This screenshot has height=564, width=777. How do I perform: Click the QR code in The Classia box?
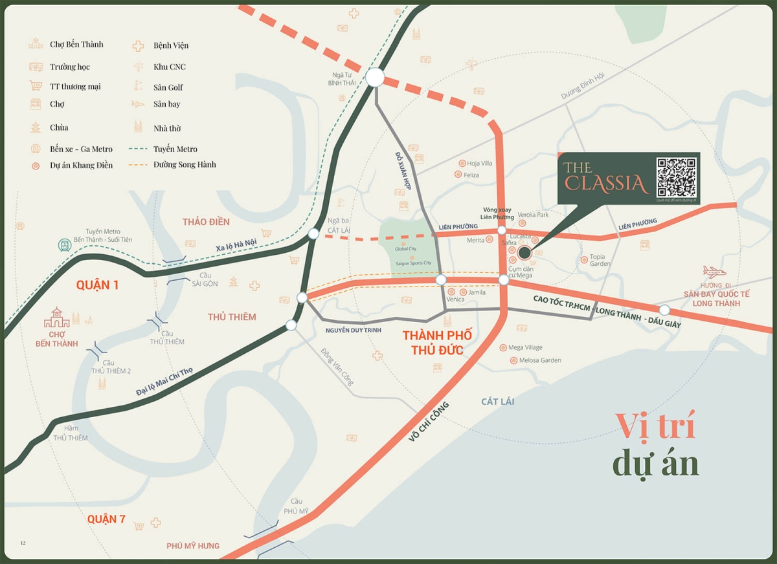point(676,177)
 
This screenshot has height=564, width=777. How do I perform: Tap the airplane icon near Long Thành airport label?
point(714,272)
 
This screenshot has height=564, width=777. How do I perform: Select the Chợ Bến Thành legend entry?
point(76,45)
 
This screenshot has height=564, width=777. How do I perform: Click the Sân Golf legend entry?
point(168,87)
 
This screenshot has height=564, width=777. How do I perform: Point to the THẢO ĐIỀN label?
point(206,222)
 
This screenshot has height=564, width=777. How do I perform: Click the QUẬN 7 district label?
point(106,519)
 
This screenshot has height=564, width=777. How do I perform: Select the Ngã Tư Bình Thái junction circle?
point(374,78)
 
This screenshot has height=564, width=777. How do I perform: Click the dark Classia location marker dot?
point(524,253)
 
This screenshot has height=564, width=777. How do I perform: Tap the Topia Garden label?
point(600,260)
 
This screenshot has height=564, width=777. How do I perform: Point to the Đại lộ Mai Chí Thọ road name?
point(164,382)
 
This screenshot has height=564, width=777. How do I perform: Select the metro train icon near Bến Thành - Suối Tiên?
point(64,245)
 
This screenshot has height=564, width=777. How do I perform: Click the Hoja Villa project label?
point(480,164)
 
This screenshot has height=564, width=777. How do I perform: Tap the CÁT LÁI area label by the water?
point(497,402)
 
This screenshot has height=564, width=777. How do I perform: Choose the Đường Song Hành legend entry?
point(185,165)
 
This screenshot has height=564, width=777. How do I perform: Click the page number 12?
point(23,543)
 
